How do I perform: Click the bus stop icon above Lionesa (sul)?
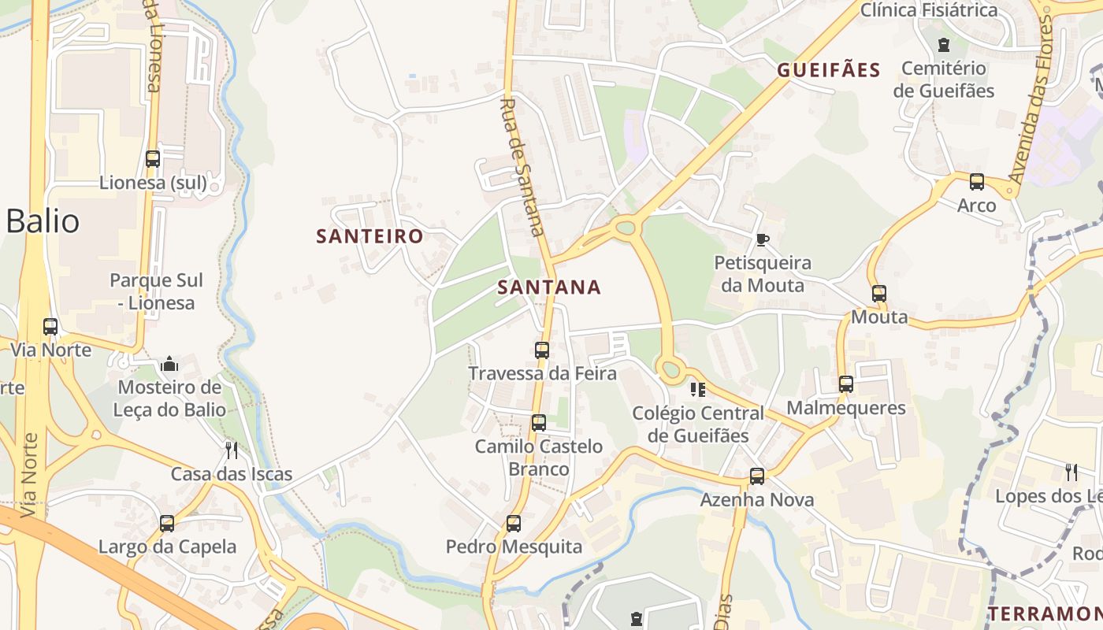(153, 158)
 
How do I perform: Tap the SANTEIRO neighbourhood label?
(370, 236)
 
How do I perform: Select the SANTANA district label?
(549, 287)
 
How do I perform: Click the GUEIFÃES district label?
(828, 70)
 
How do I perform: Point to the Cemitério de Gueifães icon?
(943, 45)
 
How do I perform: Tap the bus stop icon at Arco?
(977, 182)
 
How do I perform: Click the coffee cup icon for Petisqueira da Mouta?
(762, 239)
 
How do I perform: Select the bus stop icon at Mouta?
(879, 294)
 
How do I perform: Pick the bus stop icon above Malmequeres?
(846, 384)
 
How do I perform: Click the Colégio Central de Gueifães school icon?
(697, 389)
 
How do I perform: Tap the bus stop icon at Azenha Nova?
(757, 476)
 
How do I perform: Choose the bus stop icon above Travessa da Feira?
(542, 350)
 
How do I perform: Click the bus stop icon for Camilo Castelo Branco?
(539, 423)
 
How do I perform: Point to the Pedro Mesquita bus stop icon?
(514, 523)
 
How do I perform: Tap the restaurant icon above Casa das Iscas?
(232, 450)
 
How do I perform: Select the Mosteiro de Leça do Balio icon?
(169, 364)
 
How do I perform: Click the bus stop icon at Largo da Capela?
(167, 523)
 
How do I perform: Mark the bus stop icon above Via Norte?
(50, 326)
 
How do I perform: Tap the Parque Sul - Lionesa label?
(156, 291)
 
